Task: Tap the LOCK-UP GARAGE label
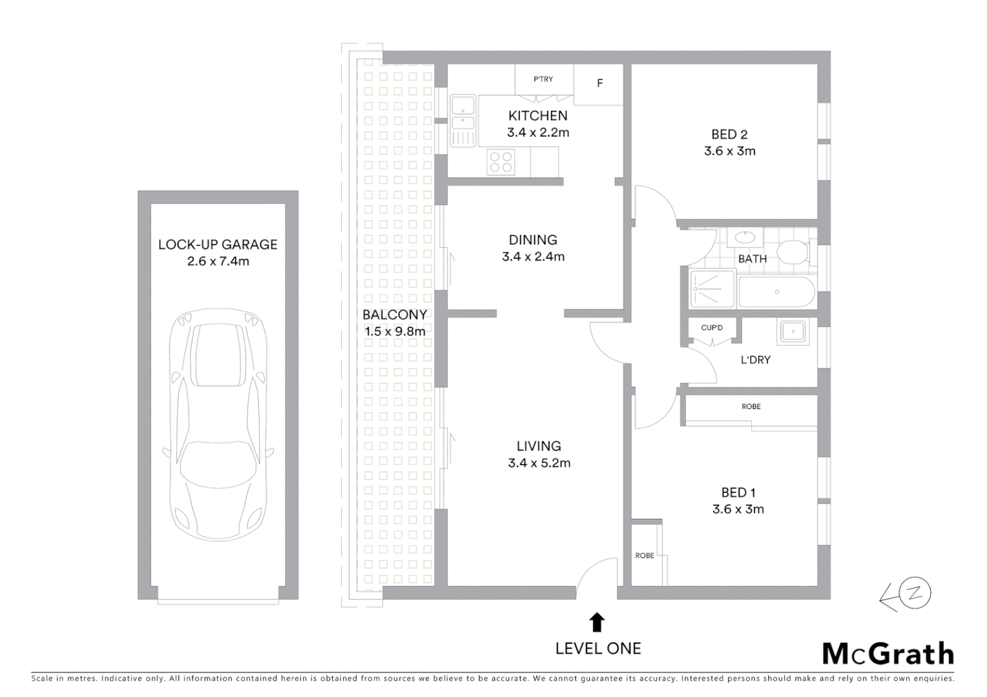coord(218,245)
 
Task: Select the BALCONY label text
coord(395,315)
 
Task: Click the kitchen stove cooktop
coord(501,162)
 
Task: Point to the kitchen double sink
coord(463,113)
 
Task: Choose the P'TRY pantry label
coord(543,79)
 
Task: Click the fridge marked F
coord(599,83)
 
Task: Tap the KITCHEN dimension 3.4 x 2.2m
coord(537,133)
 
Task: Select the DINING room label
coord(533,240)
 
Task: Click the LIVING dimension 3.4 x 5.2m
coord(539,463)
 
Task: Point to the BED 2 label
coord(729,134)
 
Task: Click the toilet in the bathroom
coord(792,251)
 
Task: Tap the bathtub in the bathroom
coord(776,292)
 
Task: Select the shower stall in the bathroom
coord(712,289)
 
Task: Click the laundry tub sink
coord(792,332)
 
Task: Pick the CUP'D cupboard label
coord(712,328)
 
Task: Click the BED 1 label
coord(738,492)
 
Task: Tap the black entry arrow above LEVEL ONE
coord(597,622)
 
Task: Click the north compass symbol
coord(916,595)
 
